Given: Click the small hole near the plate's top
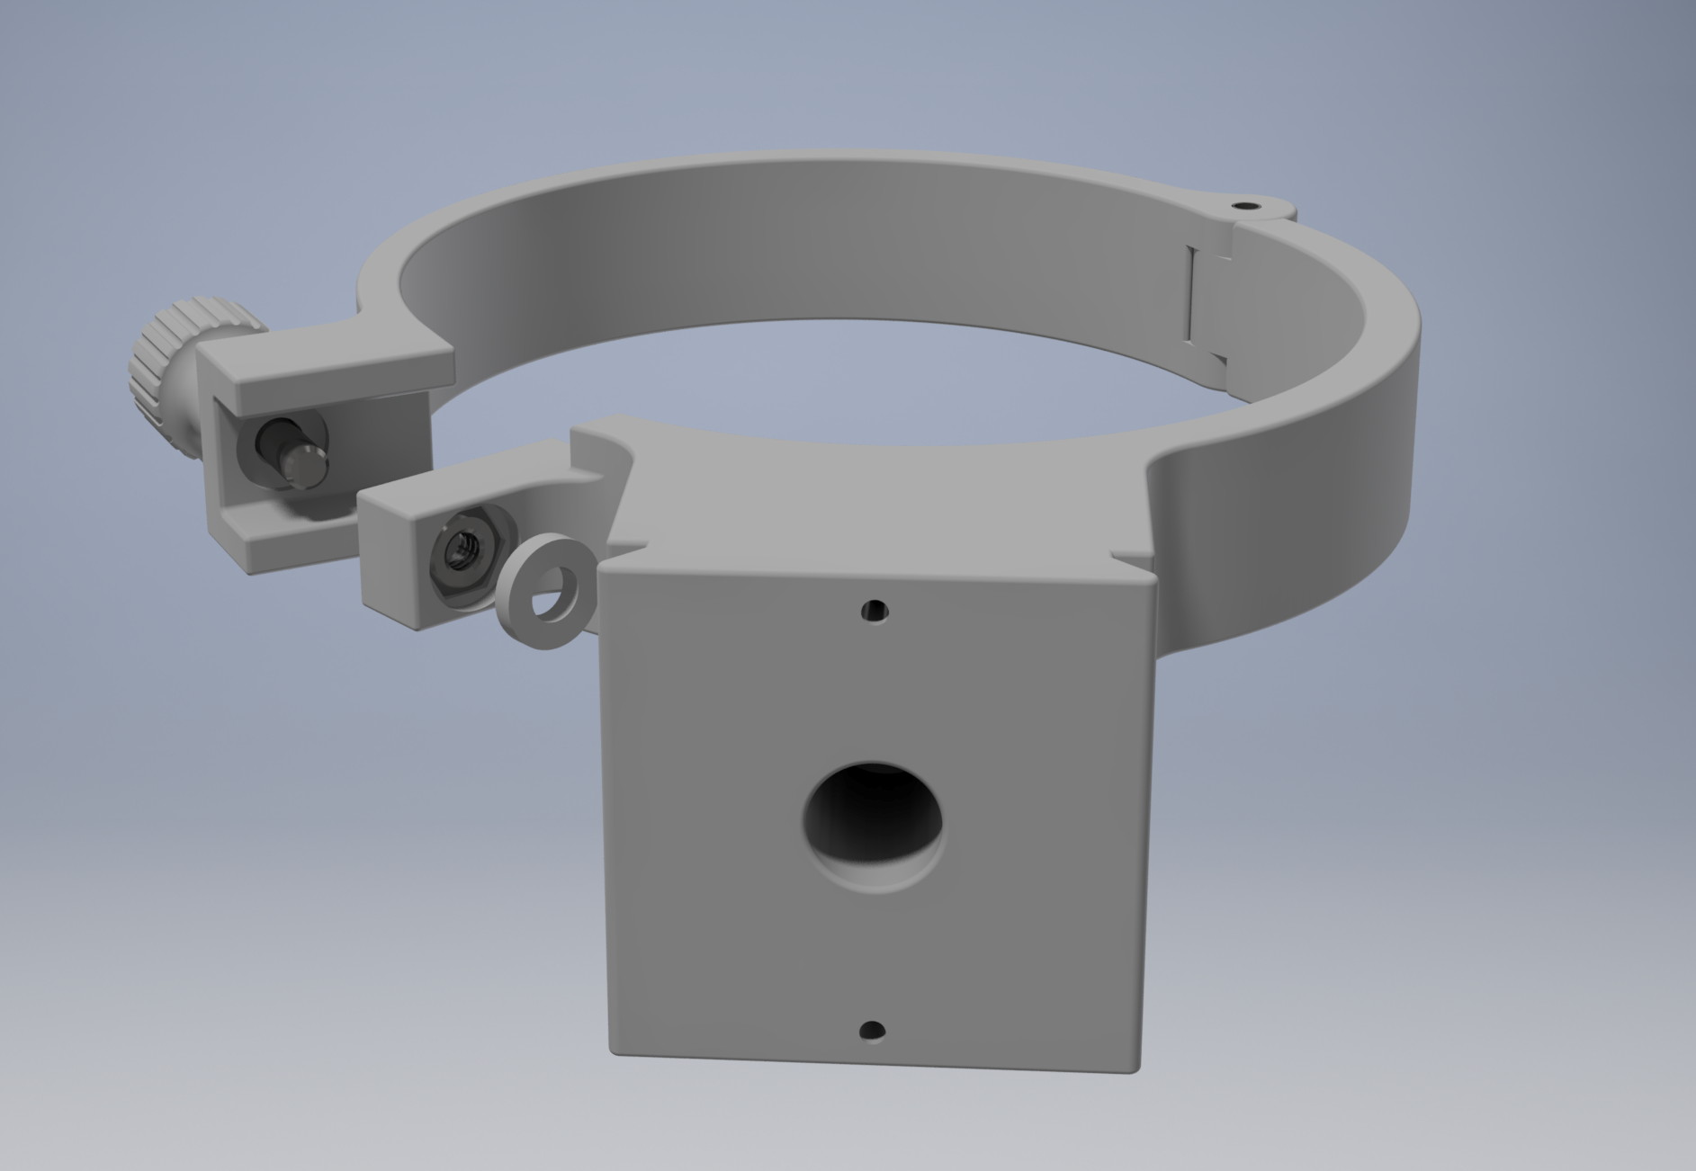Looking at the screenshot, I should point(873,612).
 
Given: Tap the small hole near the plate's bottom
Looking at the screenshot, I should point(872,1031).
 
